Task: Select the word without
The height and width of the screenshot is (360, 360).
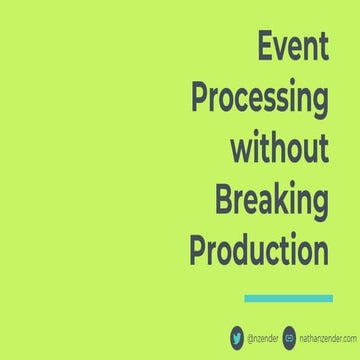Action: click(280, 149)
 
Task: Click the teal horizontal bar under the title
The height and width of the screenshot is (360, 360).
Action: click(288, 297)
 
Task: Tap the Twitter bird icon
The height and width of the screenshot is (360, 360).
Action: click(237, 335)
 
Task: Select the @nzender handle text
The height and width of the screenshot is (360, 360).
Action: click(262, 336)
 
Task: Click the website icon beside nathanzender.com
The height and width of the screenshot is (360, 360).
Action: click(290, 335)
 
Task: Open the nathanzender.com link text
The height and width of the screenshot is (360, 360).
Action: click(326, 336)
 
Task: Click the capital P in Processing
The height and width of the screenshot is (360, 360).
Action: click(200, 99)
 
